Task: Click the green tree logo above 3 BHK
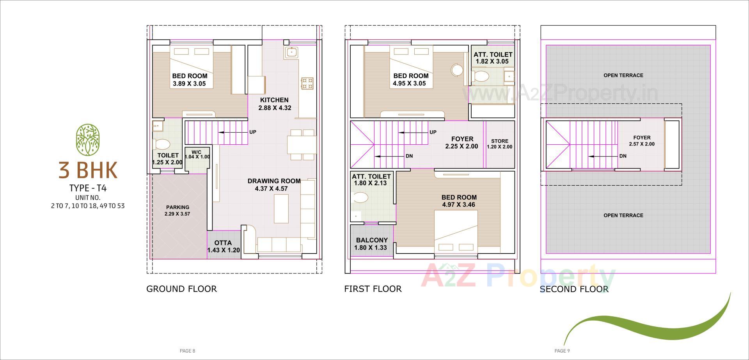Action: (88, 139)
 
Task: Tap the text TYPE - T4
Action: (88, 188)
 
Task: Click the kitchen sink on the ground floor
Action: (291, 52)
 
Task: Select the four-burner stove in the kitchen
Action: (307, 83)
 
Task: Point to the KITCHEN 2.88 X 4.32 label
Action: (275, 104)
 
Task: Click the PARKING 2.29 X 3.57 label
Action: (177, 210)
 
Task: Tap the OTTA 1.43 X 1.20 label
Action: (223, 247)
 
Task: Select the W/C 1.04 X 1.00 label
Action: (197, 154)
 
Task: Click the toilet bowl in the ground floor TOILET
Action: (162, 145)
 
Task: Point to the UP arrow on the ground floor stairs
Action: (234, 132)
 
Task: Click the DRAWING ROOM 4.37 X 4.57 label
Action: (274, 184)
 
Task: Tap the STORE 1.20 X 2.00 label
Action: (500, 144)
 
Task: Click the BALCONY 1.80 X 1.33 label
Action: (371, 244)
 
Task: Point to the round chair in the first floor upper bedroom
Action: (457, 70)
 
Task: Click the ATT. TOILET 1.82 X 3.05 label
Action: (493, 58)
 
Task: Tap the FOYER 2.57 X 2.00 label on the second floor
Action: (642, 140)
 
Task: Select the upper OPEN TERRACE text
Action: (623, 75)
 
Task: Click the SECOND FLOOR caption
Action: (573, 289)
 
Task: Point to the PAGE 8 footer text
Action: (187, 351)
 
